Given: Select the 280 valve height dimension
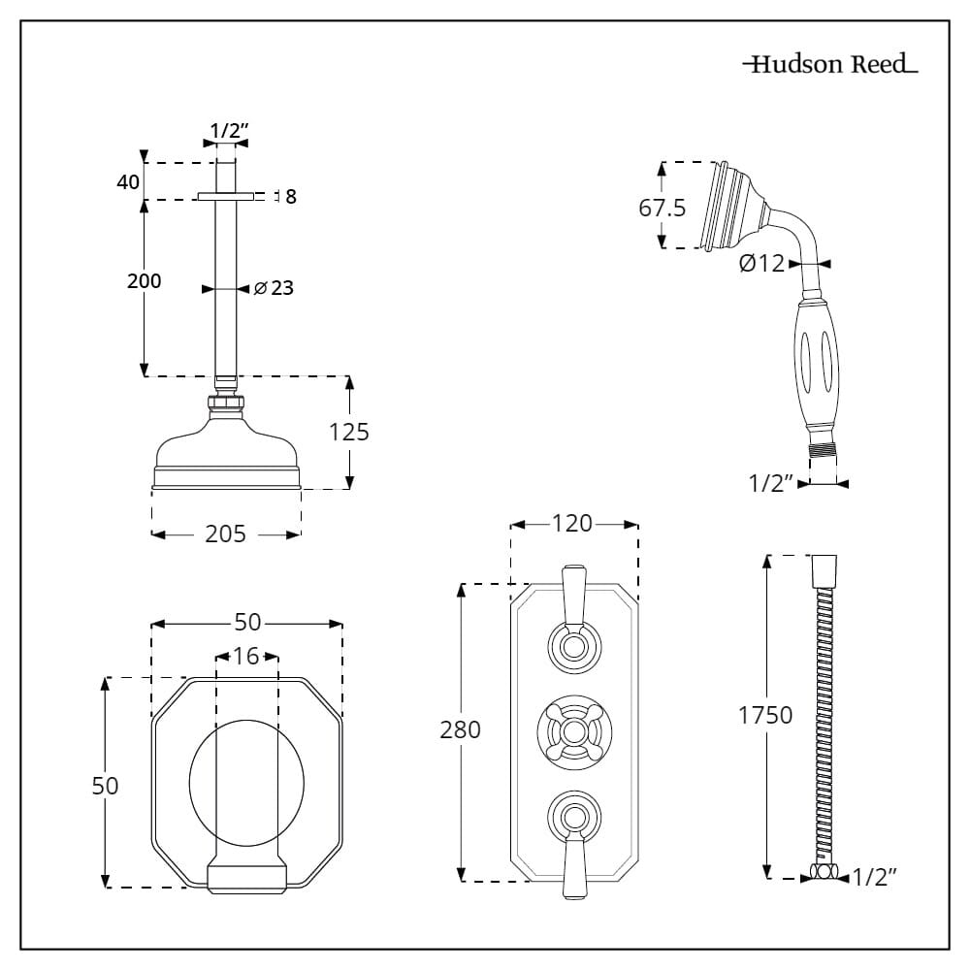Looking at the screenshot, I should tap(461, 729).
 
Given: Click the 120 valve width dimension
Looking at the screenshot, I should tap(572, 524).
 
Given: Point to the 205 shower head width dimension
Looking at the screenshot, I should tap(225, 533).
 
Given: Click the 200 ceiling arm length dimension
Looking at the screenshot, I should tap(144, 281).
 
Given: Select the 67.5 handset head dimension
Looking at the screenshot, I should tap(663, 208).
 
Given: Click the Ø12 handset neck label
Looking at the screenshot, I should tap(761, 263).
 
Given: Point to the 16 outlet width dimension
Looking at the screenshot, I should tap(246, 657).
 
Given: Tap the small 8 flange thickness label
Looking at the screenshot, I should tap(290, 197).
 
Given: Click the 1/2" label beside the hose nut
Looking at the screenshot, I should tap(873, 878).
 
